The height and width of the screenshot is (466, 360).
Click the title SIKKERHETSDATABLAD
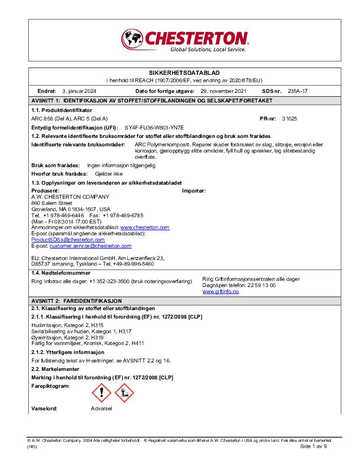pyautogui.click(x=180, y=73)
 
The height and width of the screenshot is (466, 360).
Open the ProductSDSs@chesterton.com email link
pyautogui.click(x=60, y=239)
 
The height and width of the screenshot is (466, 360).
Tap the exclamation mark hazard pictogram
pyautogui.click(x=101, y=392)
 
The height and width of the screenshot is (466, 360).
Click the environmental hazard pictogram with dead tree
pyautogui.click(x=124, y=392)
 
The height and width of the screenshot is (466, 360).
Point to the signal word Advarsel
pyautogui.click(x=102, y=408)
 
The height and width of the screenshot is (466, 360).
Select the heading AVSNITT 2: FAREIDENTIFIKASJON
pyautogui.click(x=76, y=301)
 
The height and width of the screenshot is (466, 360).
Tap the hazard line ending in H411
pyautogui.click(x=81, y=343)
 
